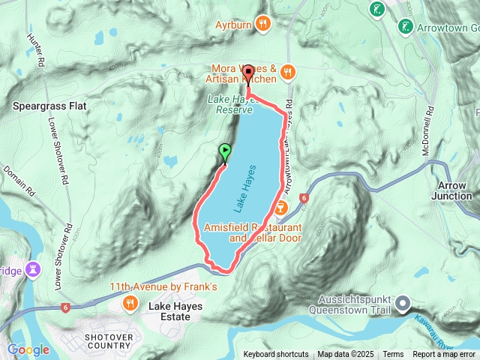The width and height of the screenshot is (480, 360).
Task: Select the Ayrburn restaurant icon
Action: point(262,23)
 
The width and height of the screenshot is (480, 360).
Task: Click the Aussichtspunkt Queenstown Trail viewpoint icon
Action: point(403,304)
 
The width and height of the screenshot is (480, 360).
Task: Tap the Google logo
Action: point(28,349)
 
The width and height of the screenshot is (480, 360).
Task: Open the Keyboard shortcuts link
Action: point(275,355)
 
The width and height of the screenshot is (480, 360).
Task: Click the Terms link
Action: point(393,355)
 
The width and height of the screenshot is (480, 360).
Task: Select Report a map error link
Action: point(444,355)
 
